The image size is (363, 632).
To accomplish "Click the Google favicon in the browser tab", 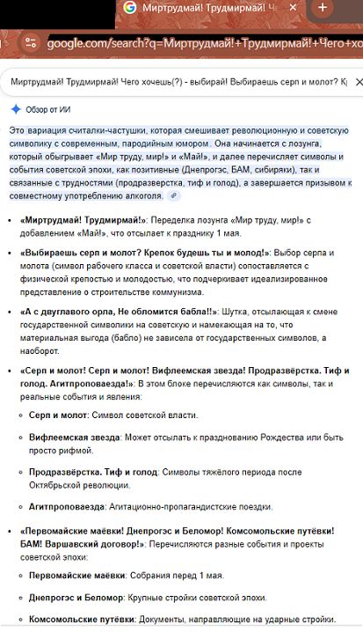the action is tap(129, 8).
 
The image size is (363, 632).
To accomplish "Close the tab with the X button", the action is tap(294, 8).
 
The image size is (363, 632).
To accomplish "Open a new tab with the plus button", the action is tap(323, 8).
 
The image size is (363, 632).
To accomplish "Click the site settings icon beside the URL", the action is tap(30, 43).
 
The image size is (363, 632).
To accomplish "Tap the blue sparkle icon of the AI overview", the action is tap(15, 108).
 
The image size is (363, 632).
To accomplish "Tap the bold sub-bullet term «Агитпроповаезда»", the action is tap(67, 506).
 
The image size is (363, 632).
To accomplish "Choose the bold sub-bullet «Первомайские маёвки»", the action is tap(76, 575).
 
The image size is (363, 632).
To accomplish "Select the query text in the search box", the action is tap(176, 83).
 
